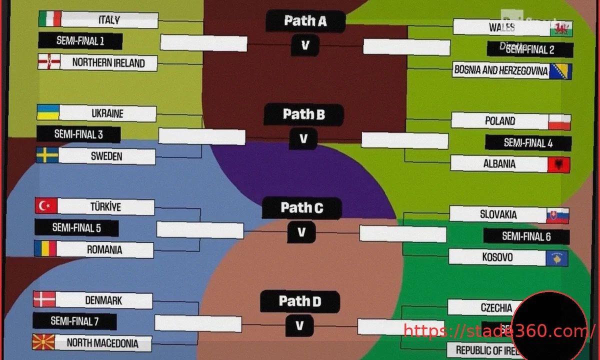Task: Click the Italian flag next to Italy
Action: [x=49, y=19]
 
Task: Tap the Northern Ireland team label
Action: [x=108, y=63]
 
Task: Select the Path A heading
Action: [x=305, y=21]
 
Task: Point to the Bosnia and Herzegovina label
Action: [x=501, y=71]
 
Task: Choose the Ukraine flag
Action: [x=48, y=112]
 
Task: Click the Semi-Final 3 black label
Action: [x=78, y=134]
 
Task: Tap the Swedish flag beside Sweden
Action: [x=47, y=155]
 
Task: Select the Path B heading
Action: [x=303, y=114]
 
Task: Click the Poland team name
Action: [x=500, y=121]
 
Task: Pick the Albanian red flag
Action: [x=558, y=164]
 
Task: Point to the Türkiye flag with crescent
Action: [x=46, y=205]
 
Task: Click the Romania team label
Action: [x=104, y=249]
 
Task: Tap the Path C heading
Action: [x=301, y=208]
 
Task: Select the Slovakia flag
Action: [x=557, y=215]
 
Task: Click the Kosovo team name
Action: [x=497, y=257]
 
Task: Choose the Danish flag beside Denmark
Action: [x=44, y=299]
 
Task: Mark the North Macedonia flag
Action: [x=43, y=342]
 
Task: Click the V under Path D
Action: [x=299, y=326]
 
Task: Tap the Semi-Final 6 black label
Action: [x=526, y=236]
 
